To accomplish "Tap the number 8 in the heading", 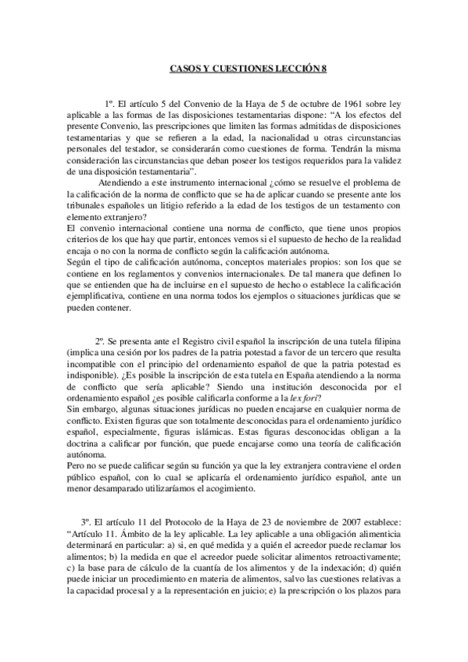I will pos(321,69).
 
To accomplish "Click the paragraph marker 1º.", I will pos(110,103).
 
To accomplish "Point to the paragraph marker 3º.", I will pos(86,519).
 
